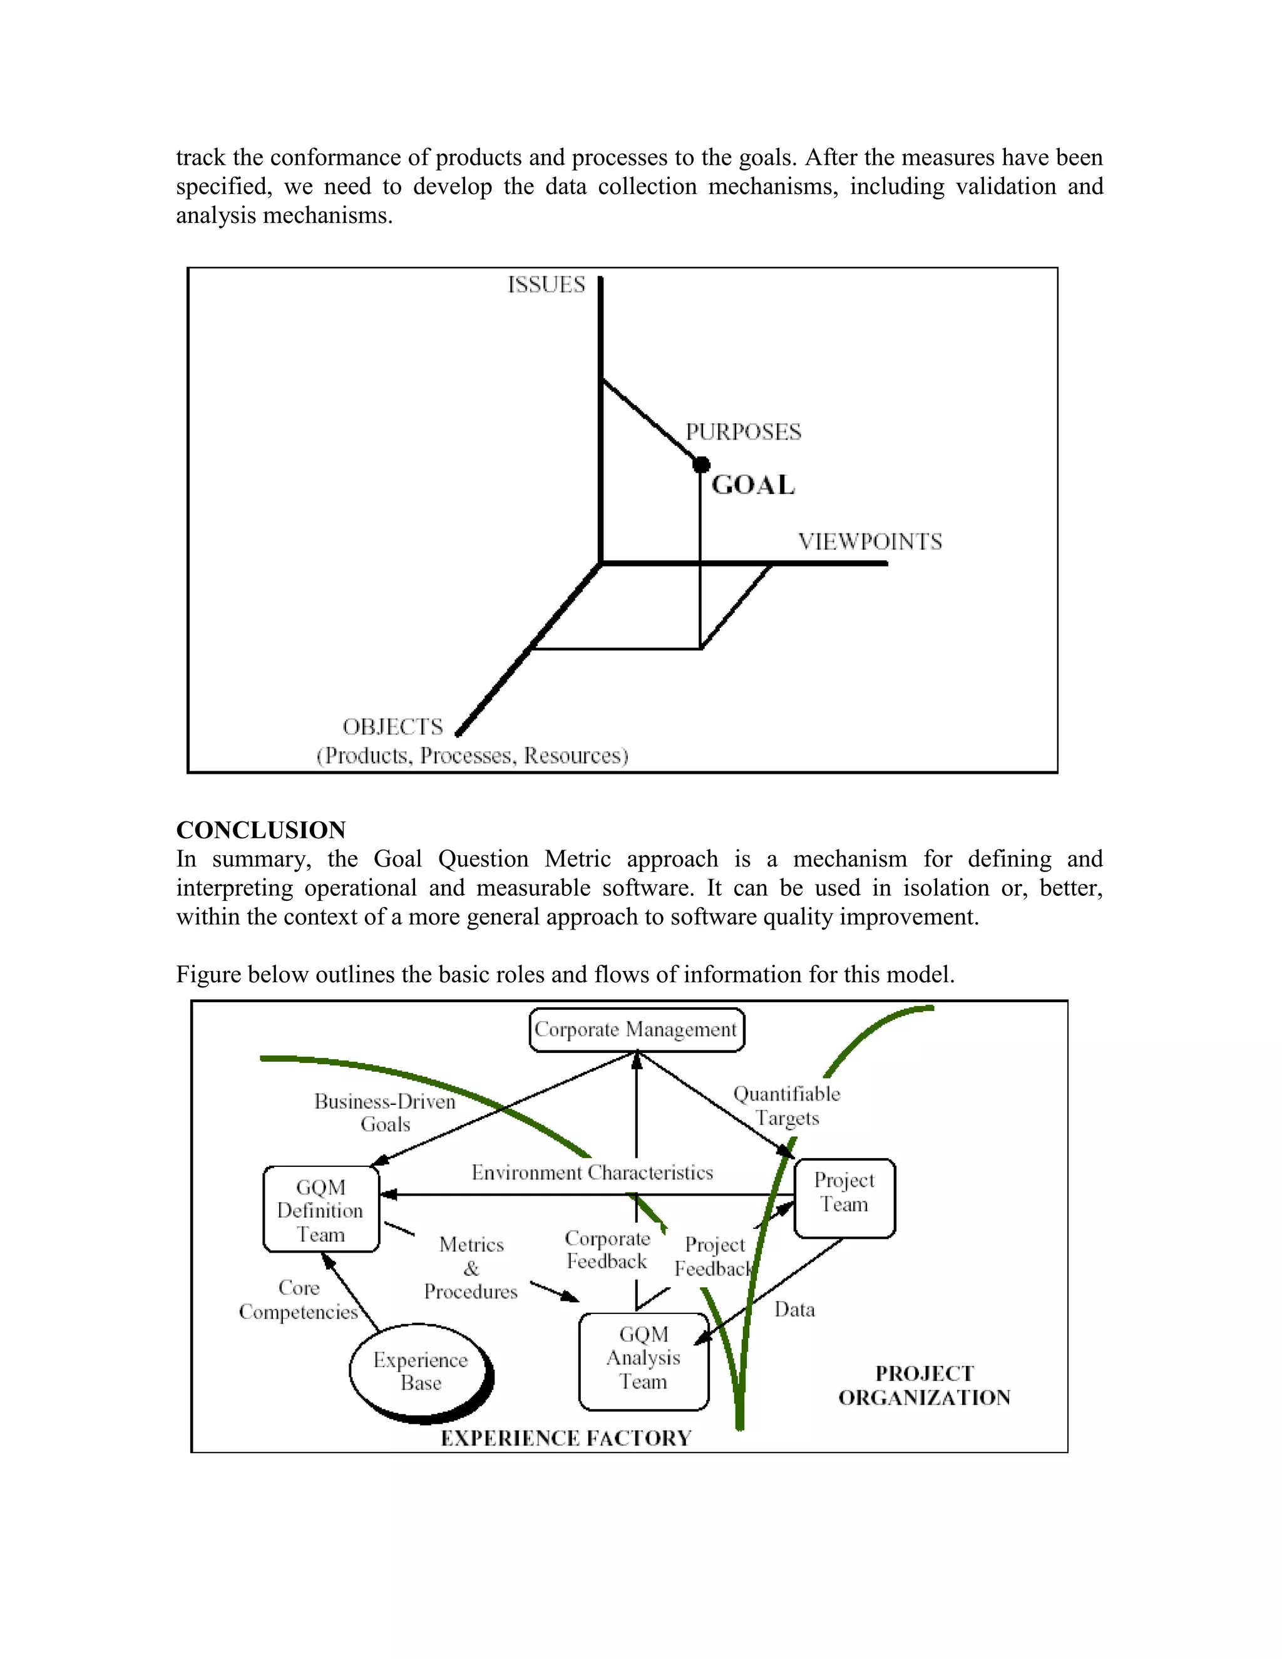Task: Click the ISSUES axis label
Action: pyautogui.click(x=546, y=285)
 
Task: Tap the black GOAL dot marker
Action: pyautogui.click(x=701, y=464)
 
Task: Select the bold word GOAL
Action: pyautogui.click(x=752, y=485)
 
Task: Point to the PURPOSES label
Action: pyautogui.click(x=743, y=432)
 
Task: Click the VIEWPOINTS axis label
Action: pyautogui.click(x=869, y=542)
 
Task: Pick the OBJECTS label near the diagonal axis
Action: pyautogui.click(x=392, y=727)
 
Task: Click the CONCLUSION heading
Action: pyautogui.click(x=260, y=829)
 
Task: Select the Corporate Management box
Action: pyautogui.click(x=636, y=1029)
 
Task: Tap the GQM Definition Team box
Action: pyautogui.click(x=320, y=1210)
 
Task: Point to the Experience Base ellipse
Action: pyautogui.click(x=420, y=1371)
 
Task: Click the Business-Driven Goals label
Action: pyautogui.click(x=385, y=1113)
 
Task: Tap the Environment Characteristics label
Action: pyautogui.click(x=592, y=1173)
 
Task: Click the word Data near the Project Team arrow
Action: pyautogui.click(x=794, y=1310)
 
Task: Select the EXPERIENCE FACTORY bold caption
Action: pyautogui.click(x=566, y=1438)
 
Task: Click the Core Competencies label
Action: pyautogui.click(x=299, y=1300)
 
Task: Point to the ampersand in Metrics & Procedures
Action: pyautogui.click(x=471, y=1268)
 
